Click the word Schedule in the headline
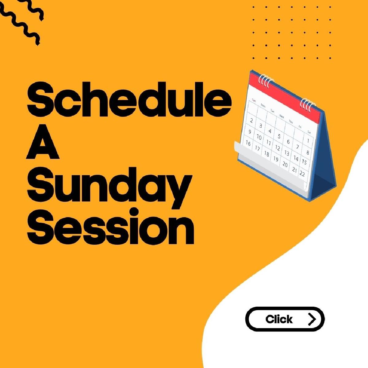pyautogui.click(x=129, y=99)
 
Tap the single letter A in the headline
pyautogui.click(x=42, y=142)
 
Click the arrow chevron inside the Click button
pyautogui.click(x=312, y=319)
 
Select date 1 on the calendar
pyautogui.click(x=308, y=141)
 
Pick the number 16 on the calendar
pyautogui.click(x=248, y=143)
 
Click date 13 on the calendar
pyautogui.click(x=287, y=153)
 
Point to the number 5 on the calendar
pyautogui.click(x=279, y=136)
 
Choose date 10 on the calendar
pyautogui.click(x=259, y=137)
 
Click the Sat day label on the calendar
pyautogui.click(x=309, y=132)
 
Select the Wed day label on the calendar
pyautogui.click(x=282, y=116)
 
